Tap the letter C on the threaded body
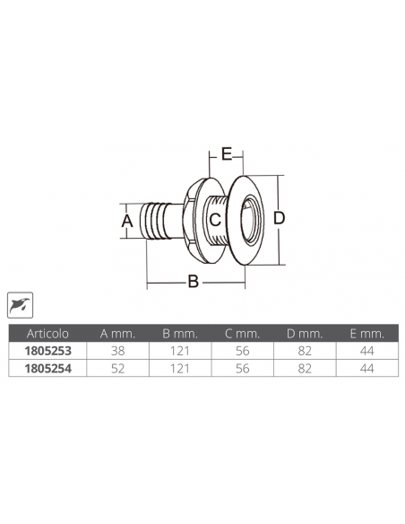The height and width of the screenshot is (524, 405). coord(215,218)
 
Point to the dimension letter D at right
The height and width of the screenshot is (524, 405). coord(279,218)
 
